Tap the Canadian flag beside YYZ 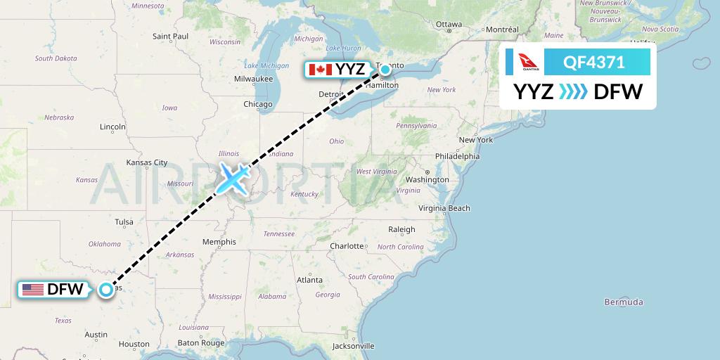(x=320, y=69)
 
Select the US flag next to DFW (x=33, y=289)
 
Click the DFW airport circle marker (x=105, y=289)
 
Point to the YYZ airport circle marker (x=385, y=69)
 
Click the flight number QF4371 (x=594, y=63)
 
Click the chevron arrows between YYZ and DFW (x=573, y=91)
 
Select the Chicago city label (x=257, y=104)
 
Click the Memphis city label (x=219, y=242)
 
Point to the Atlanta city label (x=309, y=280)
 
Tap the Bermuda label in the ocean (x=623, y=302)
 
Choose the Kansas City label (x=147, y=162)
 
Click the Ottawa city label (x=449, y=24)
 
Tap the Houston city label (x=134, y=345)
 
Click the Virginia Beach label (x=444, y=208)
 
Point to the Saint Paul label (x=170, y=36)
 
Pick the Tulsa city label (x=124, y=222)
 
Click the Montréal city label (x=502, y=30)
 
